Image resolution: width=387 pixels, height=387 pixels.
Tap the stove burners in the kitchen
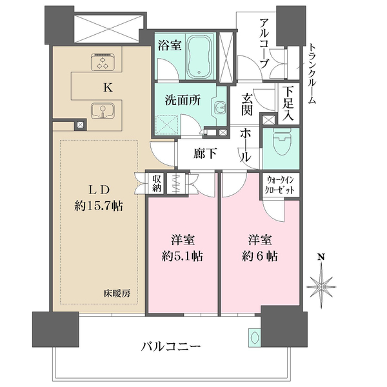click(x=101, y=61)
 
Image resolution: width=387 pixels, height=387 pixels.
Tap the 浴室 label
click(x=170, y=45)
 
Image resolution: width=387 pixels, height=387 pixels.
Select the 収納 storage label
click(x=157, y=183)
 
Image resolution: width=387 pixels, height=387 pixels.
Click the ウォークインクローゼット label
click(x=281, y=188)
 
